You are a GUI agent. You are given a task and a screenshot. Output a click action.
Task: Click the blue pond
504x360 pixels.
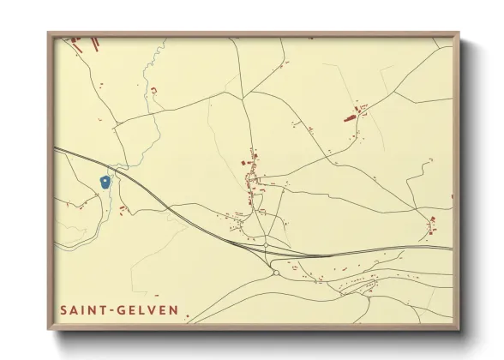coord(105,182)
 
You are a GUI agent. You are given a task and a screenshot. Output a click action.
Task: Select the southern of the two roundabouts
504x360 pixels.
coord(276,273)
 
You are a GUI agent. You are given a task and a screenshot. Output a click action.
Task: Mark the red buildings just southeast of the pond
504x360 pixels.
coord(123,207)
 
